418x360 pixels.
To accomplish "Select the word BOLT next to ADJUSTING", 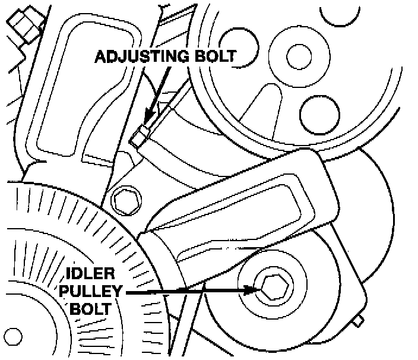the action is point(213,58).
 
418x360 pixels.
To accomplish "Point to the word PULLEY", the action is point(90,292).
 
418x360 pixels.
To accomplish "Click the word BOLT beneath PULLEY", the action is point(90,308).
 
